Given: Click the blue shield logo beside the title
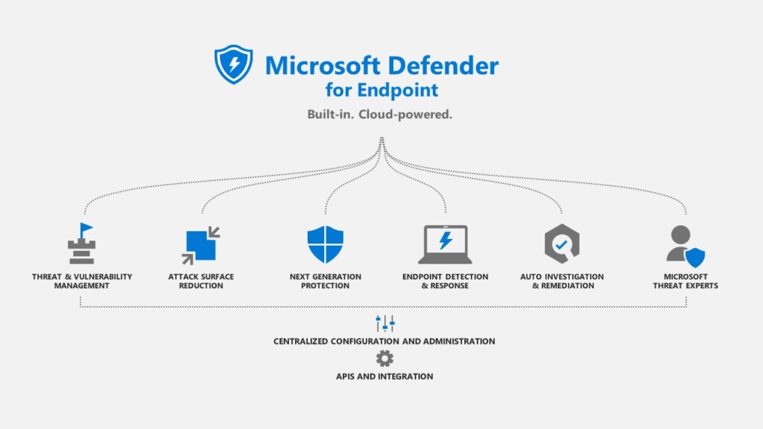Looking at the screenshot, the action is pos(233,64).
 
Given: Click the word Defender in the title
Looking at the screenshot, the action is pos(443,66).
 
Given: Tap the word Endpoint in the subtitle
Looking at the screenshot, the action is pos(398,90).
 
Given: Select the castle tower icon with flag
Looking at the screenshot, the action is pos(82,244).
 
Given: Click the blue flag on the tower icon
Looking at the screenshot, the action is pos(86,228).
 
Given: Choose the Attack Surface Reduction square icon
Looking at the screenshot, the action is pos(201,245).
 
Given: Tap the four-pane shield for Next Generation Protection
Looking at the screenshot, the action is pos(326,244).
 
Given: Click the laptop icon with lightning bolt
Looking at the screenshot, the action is pos(446,244).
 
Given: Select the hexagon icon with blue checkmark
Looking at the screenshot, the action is pos(562,244).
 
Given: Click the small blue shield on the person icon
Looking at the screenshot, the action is pos(695,257).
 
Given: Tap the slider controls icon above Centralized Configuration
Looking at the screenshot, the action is pos(385,323).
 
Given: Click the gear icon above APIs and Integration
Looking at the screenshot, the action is pos(384,359).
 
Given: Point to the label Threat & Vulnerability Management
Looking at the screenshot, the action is pos(82,281).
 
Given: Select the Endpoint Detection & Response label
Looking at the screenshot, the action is pos(446,281).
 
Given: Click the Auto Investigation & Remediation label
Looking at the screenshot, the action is pos(562,281).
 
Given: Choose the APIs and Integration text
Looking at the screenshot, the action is pos(384,376).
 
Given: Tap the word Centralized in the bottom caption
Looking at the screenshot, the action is pos(300,341).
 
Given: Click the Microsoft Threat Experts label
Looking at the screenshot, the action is pos(686,281).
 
